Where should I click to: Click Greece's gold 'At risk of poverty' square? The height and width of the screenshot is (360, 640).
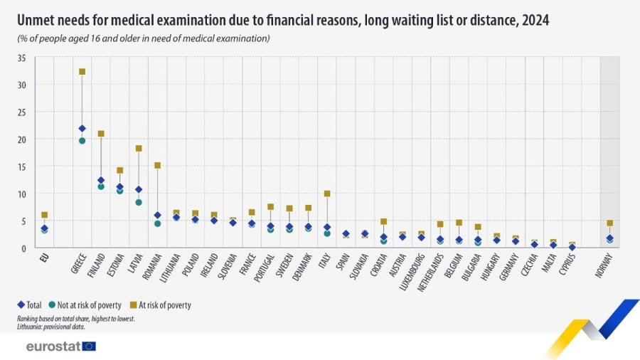82,71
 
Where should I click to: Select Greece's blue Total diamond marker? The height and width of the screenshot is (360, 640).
82,129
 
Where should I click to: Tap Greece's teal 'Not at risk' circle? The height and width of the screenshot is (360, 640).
82,141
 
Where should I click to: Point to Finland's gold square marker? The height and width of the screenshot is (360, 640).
101,134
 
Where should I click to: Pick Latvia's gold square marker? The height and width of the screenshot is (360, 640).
139,149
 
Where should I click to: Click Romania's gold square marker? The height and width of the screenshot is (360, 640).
157,166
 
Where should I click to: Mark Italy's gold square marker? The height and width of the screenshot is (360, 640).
327,194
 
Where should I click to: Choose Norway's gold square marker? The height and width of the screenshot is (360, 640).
609,223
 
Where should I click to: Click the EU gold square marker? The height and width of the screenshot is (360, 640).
44,215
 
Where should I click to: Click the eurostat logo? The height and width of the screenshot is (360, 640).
60,346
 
